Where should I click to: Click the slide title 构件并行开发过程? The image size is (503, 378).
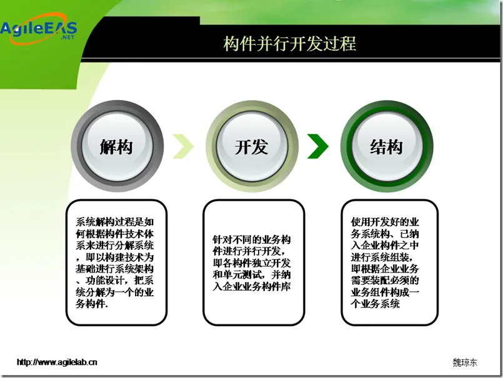coord(290,44)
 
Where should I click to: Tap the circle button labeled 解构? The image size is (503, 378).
coord(116,147)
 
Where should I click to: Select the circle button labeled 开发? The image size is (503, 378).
coord(251,147)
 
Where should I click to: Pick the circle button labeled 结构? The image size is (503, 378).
coord(386,147)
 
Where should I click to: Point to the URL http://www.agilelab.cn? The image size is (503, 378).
coord(57,362)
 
